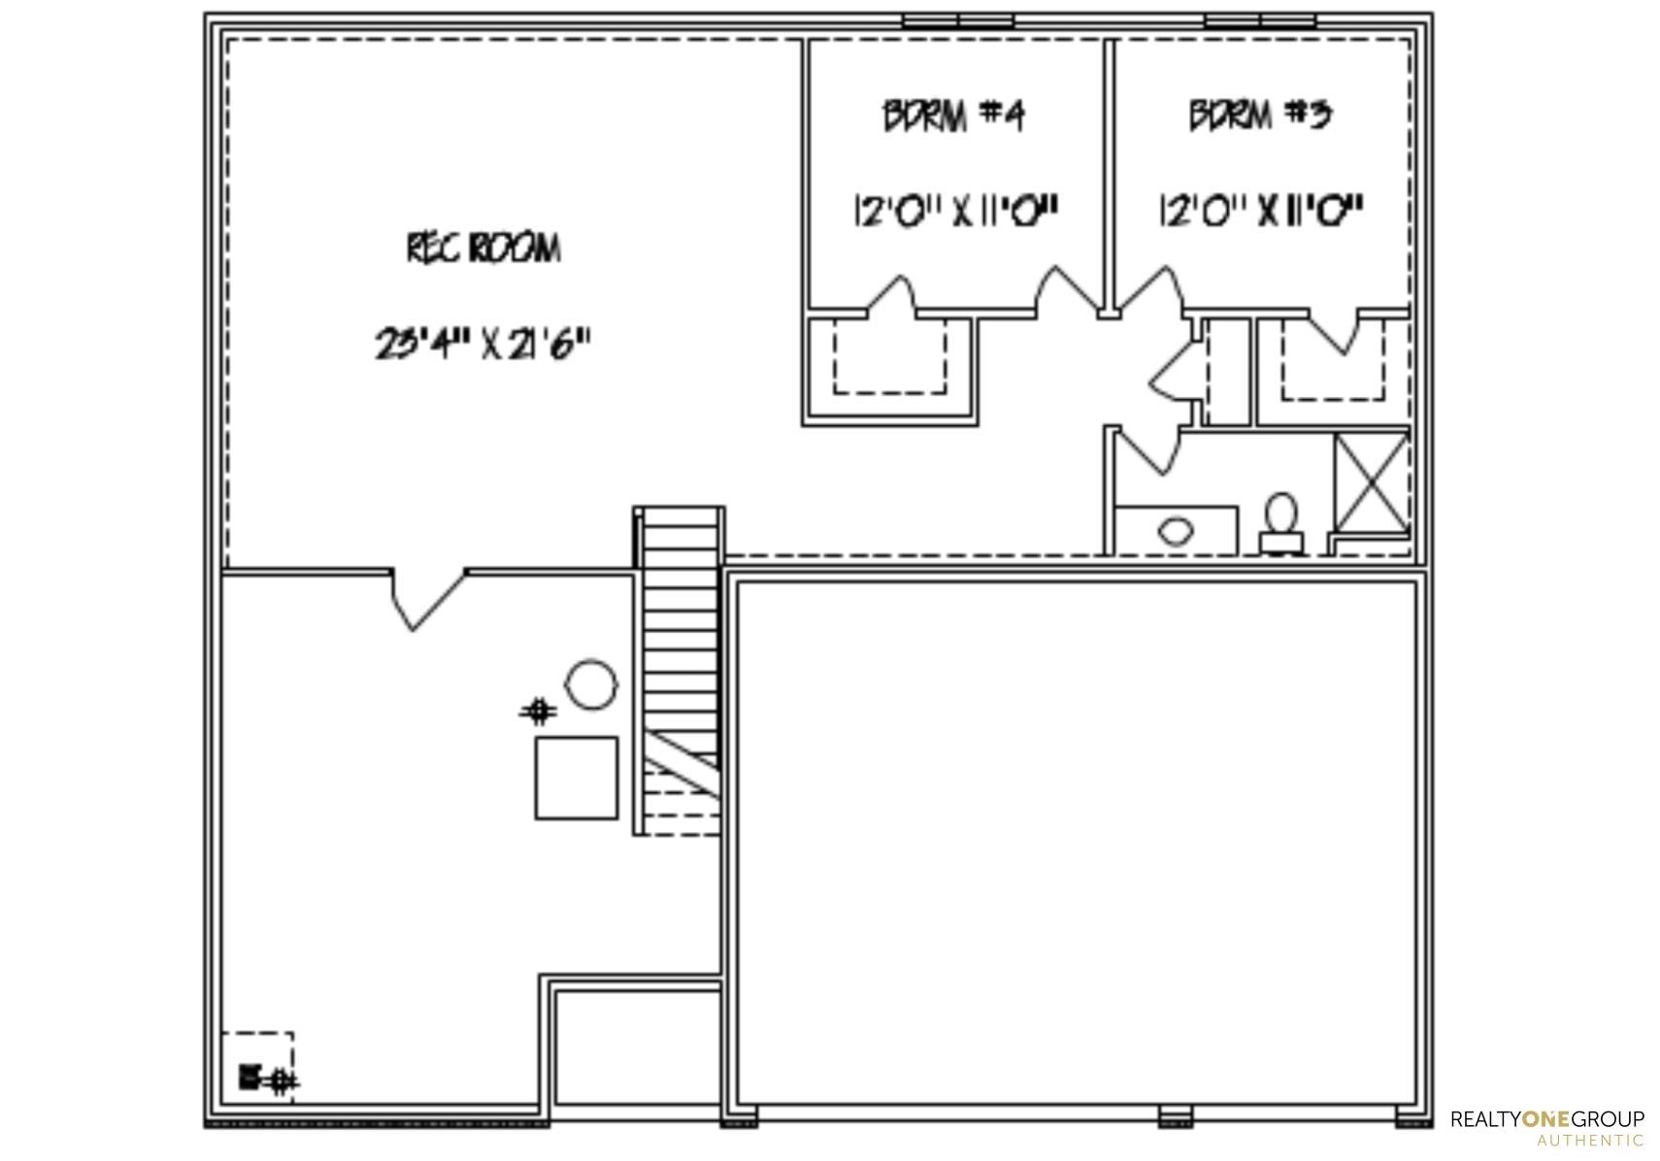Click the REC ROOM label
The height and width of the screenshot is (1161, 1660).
click(483, 249)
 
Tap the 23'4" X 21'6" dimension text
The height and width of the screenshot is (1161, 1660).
click(482, 343)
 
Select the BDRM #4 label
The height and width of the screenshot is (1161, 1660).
click(953, 116)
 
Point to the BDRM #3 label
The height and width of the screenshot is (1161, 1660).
click(1261, 115)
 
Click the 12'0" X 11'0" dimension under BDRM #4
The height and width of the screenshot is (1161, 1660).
click(956, 211)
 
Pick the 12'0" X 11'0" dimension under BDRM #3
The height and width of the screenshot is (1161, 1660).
click(1261, 211)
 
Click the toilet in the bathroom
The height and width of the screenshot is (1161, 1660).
click(1282, 524)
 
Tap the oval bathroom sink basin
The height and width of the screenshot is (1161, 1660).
click(1176, 531)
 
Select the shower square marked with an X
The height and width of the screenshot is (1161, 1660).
click(1372, 483)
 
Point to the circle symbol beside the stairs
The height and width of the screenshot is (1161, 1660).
click(590, 684)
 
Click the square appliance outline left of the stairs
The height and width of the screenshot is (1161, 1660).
click(577, 778)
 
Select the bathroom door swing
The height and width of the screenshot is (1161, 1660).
click(1147, 450)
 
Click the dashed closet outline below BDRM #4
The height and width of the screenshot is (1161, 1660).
click(889, 356)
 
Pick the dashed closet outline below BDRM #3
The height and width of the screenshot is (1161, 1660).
click(1333, 361)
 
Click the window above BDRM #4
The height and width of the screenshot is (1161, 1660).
click(957, 20)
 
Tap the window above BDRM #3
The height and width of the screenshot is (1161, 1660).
click(1260, 20)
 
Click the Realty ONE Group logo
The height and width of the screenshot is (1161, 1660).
click(1547, 1127)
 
